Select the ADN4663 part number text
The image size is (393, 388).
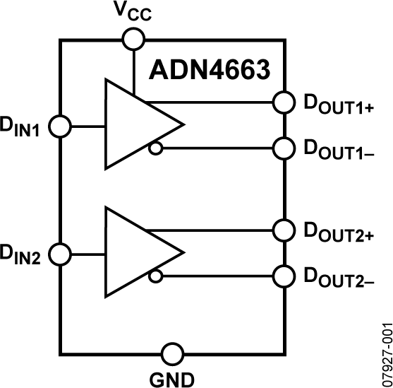[210, 71]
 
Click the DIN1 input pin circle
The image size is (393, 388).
[61, 127]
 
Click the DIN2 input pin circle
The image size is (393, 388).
[61, 253]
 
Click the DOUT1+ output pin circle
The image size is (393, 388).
[284, 102]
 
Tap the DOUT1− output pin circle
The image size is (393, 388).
[284, 148]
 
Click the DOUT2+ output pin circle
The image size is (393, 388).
[284, 230]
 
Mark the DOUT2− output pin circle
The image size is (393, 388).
[284, 276]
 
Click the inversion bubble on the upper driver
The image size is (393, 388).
[155, 148]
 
